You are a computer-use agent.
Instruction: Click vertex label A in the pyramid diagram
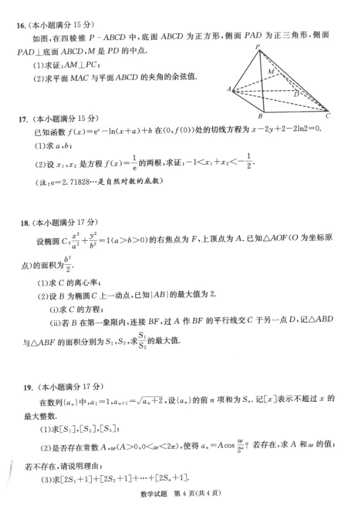228,89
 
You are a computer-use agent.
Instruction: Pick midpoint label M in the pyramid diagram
271,71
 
